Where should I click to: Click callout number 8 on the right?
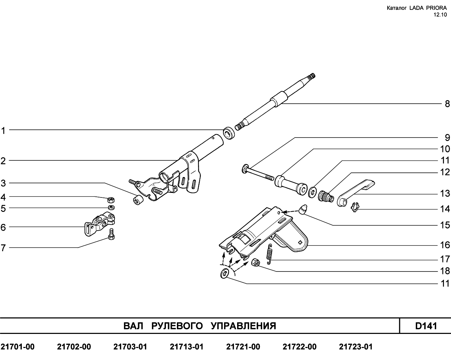447,104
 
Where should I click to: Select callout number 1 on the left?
3,131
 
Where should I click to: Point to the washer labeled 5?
111,208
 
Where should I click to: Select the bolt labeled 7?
111,234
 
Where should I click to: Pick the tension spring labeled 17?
270,254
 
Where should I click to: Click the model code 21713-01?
186,347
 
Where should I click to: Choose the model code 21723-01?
356,347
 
